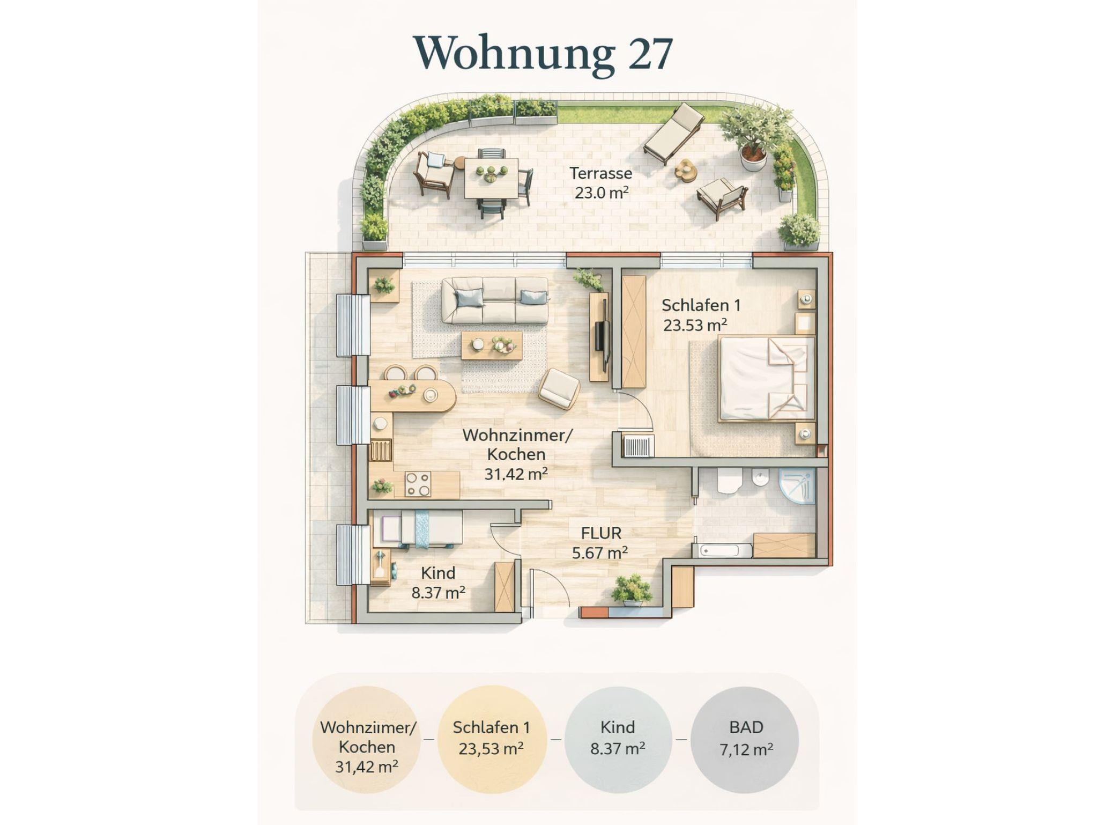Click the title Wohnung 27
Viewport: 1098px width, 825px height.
coord(543,53)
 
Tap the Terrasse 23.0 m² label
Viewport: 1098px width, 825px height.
coord(601,183)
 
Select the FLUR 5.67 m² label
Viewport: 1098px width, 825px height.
coord(600,542)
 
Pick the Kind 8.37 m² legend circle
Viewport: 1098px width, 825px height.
coord(618,740)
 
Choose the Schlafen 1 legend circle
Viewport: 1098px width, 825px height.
coord(492,740)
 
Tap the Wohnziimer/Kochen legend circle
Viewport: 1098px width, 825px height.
coord(367,740)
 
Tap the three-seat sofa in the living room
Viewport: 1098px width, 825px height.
coord(494,300)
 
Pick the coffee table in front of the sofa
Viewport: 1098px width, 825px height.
coord(491,345)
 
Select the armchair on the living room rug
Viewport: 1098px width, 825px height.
coord(559,389)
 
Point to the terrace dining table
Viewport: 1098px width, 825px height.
coord(491,178)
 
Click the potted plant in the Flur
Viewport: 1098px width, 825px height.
coord(632,590)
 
